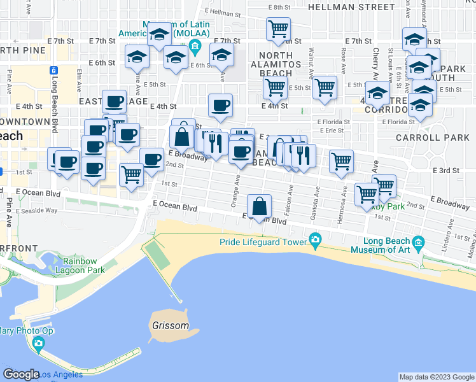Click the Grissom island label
pos(171,325)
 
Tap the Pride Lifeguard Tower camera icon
pos(314,241)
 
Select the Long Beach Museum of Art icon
pos(418,242)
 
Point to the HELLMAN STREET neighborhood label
pos(351,7)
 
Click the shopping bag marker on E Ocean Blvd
pos(259,206)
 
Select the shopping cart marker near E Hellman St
pos(278,29)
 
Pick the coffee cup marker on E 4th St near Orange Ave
pos(220,105)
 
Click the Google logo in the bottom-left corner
pos(22,374)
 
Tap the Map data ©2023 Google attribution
pos(437,377)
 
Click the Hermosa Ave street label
pos(344,200)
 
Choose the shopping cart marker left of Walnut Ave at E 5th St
pos(274,87)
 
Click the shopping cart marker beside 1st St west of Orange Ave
pos(131,174)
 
